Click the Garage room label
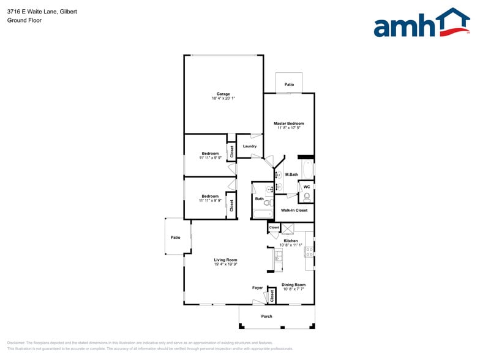[x=223, y=94]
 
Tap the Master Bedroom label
[x=288, y=124]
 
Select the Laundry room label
[x=249, y=146]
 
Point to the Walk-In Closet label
[x=294, y=211]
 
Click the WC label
[x=306, y=187]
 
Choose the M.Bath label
[x=291, y=175]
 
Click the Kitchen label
[x=291, y=241]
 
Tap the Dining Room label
[x=293, y=285]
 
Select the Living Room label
[x=225, y=260]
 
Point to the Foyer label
[x=257, y=288]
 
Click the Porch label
[x=266, y=317]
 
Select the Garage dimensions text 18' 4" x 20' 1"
[x=223, y=98]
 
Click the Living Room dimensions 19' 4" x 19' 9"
[x=225, y=264]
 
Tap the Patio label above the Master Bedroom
[x=289, y=84]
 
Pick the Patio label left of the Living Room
[x=176, y=238]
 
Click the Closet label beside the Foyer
[x=272, y=296]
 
